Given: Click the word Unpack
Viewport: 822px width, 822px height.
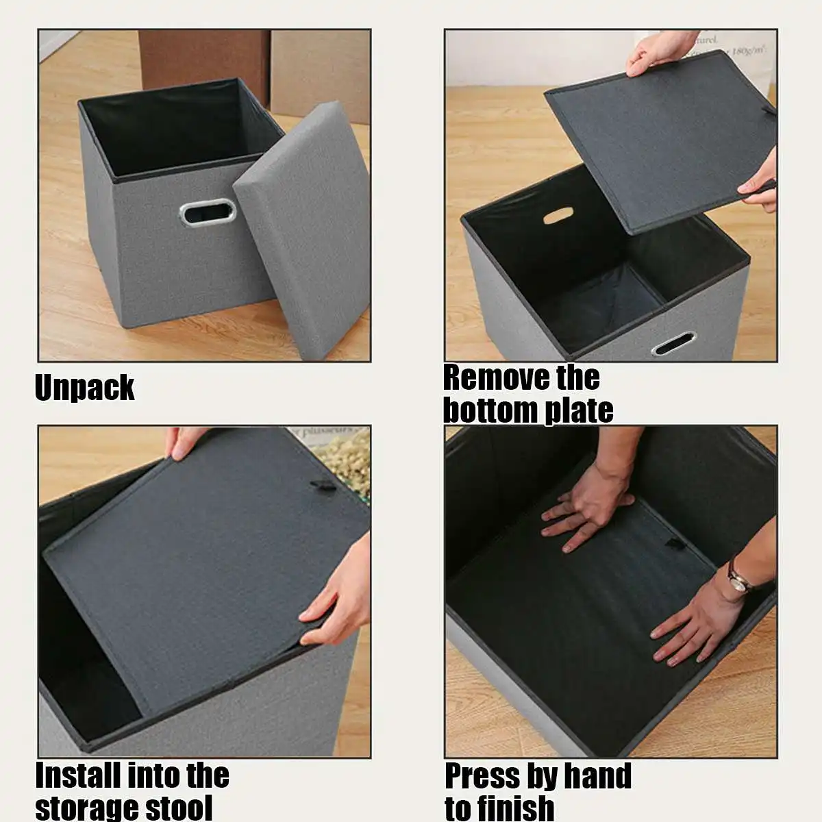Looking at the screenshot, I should coord(84,388).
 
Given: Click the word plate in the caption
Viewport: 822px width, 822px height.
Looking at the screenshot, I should coord(579,410).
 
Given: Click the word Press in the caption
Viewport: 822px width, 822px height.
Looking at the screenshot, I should coord(482,776).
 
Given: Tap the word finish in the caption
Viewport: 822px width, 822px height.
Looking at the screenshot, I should coord(518,807).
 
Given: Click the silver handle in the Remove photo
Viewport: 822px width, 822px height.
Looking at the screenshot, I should coord(674,344).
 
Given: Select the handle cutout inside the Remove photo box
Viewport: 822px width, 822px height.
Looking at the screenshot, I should coord(558,216).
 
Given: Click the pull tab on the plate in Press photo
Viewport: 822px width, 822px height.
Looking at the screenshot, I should coord(675,544).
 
